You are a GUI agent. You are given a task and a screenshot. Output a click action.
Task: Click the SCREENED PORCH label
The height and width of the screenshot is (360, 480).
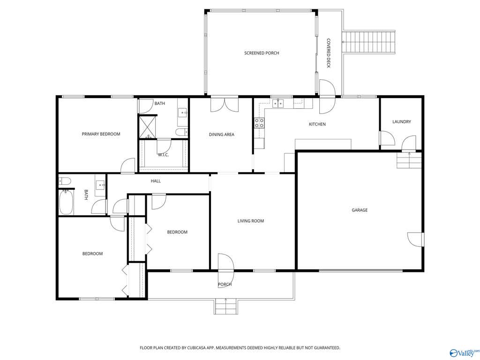[262, 53]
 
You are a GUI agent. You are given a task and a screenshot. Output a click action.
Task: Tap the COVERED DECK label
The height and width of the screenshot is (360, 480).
[329, 53]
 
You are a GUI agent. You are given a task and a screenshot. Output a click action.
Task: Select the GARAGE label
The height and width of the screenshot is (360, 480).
[360, 210]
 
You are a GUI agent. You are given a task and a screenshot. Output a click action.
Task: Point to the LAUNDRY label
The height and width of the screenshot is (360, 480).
[402, 121]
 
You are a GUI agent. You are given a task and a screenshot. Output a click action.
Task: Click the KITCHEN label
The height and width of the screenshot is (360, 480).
[317, 124]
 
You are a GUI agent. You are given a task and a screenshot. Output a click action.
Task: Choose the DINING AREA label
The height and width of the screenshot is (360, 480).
[222, 135]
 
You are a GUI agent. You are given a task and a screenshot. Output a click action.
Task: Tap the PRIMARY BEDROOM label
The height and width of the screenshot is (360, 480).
[101, 134]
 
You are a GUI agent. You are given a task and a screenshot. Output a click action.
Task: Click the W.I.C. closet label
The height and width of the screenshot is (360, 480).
[163, 155]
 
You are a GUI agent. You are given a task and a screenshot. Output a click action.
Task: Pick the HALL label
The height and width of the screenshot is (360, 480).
[156, 181]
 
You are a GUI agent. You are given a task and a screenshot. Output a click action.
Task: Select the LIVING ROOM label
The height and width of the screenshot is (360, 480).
[251, 221]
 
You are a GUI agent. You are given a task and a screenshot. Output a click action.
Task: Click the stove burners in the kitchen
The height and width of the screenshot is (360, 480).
[259, 123]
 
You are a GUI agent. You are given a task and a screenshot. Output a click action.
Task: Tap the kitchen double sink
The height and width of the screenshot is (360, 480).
[278, 104]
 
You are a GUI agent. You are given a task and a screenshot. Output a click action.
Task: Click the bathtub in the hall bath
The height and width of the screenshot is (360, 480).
[66, 202]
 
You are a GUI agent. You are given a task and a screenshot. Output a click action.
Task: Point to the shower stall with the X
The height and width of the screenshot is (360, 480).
[148, 127]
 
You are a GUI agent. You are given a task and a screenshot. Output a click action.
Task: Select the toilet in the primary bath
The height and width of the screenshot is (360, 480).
[182, 132]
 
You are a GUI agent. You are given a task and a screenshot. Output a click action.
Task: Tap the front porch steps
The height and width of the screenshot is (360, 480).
[225, 307]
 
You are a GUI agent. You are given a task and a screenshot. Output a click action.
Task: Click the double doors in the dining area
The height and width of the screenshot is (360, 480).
[225, 104]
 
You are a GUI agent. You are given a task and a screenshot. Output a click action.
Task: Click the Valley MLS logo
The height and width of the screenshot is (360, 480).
[463, 352]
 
